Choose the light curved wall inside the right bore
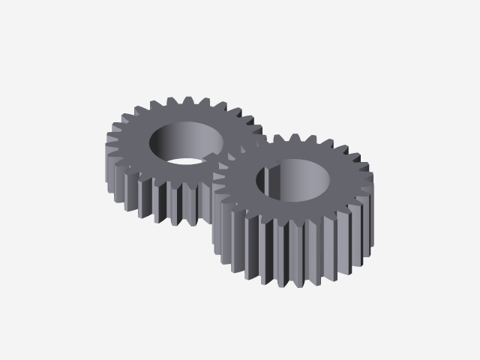[x=311, y=180]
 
